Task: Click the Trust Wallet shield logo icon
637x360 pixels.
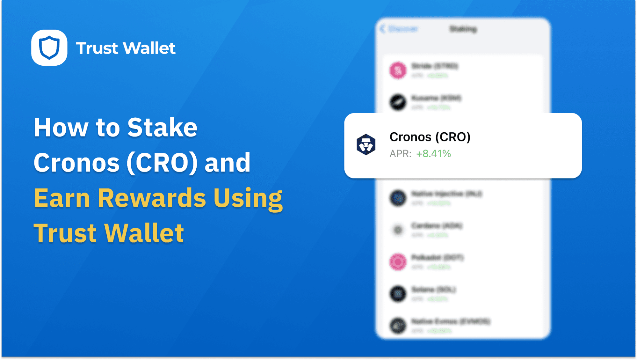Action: [x=49, y=48]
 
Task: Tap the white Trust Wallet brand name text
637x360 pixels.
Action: [x=126, y=48]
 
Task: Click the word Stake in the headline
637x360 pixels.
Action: [x=162, y=128]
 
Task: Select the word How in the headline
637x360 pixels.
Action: [x=61, y=128]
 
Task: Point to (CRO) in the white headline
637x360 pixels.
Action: [x=162, y=163]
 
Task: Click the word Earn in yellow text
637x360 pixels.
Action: [x=62, y=198]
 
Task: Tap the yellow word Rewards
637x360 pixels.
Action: [x=152, y=198]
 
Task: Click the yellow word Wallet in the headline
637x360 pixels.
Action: [x=144, y=233]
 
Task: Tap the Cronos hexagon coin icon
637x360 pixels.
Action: [x=366, y=144]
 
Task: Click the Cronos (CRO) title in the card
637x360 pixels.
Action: [x=430, y=137]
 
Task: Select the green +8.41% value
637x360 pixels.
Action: [x=433, y=154]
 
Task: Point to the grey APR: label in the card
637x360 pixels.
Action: [x=400, y=154]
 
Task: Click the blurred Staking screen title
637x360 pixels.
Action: [x=463, y=29]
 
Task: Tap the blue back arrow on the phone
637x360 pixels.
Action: [x=383, y=29]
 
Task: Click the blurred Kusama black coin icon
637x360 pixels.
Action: [x=398, y=102]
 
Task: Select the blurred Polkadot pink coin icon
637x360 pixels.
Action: [x=398, y=262]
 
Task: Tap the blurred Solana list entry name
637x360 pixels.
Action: [x=433, y=290]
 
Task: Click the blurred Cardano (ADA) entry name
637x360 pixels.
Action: [x=437, y=226]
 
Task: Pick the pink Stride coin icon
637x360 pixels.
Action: [x=398, y=70]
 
